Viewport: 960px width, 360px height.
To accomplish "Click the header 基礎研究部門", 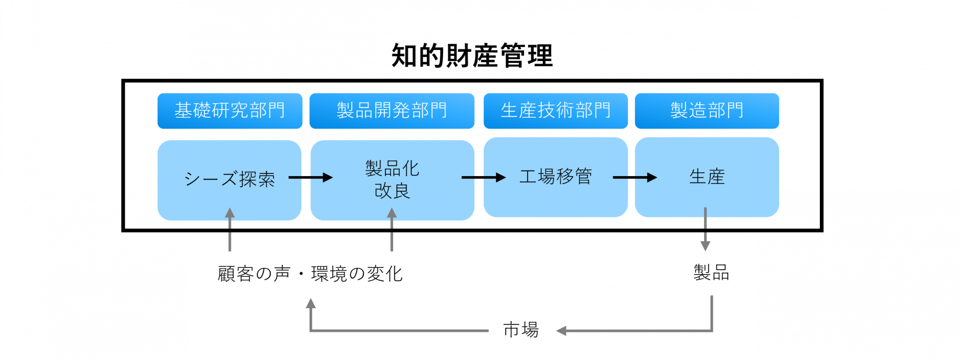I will [x=230, y=111].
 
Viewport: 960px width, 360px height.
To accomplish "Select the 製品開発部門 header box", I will [x=392, y=111].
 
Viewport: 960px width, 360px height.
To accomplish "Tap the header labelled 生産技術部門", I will [x=555, y=111].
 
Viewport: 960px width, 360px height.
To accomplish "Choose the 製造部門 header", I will [x=707, y=111].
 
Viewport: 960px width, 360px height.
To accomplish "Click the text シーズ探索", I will [x=229, y=179].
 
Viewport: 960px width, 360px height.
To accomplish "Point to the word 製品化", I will [x=392, y=168].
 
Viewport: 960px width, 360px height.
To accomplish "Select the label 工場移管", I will [x=555, y=177].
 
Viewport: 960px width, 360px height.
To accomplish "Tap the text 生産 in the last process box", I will [x=707, y=177].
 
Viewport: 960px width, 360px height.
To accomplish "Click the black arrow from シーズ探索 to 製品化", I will [x=311, y=178].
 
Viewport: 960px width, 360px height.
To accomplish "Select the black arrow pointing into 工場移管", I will [x=483, y=178].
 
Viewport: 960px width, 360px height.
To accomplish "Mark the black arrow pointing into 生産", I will [x=635, y=178].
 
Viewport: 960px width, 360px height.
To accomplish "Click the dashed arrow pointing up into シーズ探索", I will [x=230, y=229].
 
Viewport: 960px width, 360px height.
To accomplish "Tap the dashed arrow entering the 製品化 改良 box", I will [x=392, y=229].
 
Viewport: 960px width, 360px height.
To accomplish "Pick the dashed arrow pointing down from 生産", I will [x=705, y=229].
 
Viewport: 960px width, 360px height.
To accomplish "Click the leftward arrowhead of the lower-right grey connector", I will [x=561, y=331].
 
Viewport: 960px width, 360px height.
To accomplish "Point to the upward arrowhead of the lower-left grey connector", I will [x=311, y=303].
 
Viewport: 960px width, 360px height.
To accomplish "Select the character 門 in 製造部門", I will [x=735, y=111].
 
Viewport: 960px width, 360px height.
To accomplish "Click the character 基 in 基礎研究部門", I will [x=183, y=111].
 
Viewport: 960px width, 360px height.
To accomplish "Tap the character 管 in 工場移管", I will [x=583, y=177].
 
